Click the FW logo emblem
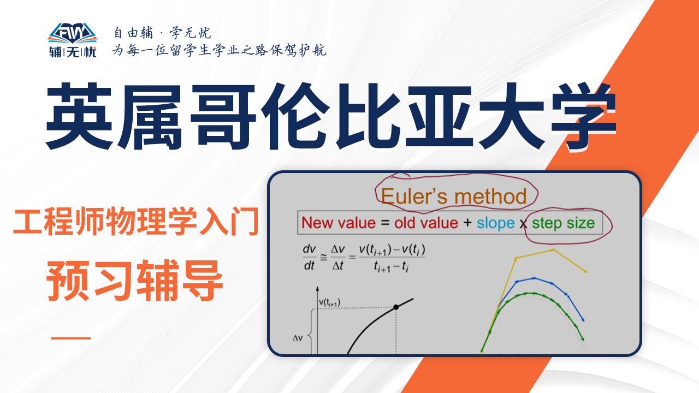73,33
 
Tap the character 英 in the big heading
80,117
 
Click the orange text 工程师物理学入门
136,222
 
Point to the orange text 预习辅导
134,281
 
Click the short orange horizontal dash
71,338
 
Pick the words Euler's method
454,196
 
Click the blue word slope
495,223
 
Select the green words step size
563,223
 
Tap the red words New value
339,223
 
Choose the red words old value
426,223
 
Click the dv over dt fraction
309,257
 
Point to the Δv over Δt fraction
337,257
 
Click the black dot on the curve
396,307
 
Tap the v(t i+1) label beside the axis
329,302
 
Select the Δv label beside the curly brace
298,338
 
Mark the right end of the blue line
583,320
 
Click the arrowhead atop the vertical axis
317,289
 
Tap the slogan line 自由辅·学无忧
162,33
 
